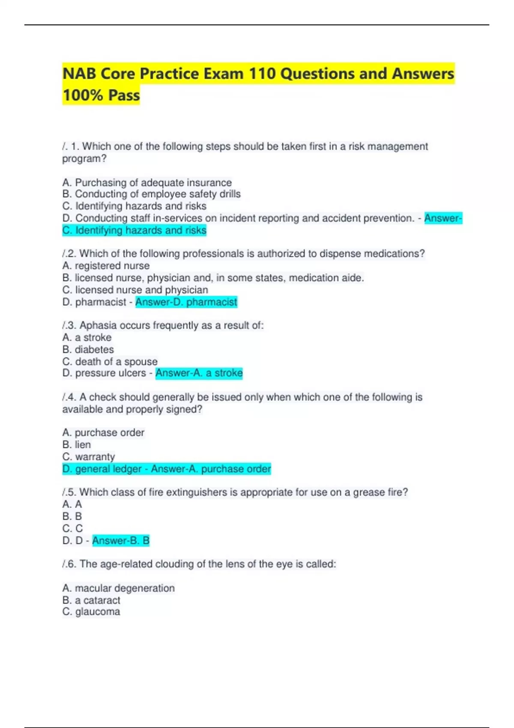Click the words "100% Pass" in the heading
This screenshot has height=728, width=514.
point(101,95)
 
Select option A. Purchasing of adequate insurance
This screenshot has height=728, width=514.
point(147,182)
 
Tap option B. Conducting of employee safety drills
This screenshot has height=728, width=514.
point(151,194)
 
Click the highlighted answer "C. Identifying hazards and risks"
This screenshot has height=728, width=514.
point(134,230)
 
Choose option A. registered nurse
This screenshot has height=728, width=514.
point(106,266)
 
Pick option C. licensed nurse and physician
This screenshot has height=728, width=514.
point(135,290)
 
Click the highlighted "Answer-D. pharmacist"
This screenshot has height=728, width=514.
point(186,302)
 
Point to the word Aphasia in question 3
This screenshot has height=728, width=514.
point(98,325)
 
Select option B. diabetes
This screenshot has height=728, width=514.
point(88,349)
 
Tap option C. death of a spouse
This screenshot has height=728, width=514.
point(110,361)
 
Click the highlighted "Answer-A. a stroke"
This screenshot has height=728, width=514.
point(199,373)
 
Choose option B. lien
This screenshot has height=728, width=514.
point(76,445)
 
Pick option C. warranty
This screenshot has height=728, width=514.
point(88,456)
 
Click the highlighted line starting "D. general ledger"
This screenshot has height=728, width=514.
point(166,469)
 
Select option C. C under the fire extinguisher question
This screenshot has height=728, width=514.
point(72,528)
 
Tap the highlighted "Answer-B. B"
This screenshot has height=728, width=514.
point(121,540)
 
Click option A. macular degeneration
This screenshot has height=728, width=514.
point(118,588)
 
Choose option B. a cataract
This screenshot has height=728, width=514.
point(91,600)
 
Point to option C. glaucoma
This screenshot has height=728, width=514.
point(91,612)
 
